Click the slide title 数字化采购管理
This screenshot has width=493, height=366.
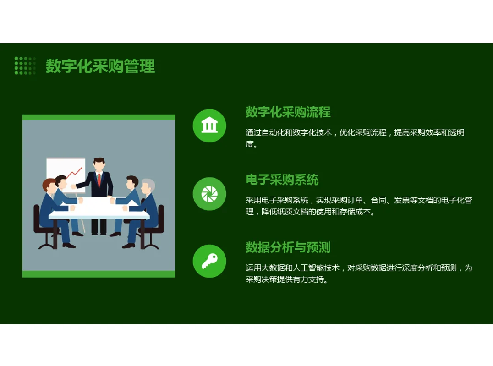pos(100,66)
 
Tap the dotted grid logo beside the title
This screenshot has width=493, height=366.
pos(25,66)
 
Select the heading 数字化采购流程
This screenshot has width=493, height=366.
pos(288,112)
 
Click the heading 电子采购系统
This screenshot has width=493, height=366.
pos(282,180)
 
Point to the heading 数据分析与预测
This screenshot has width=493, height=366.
pos(288,248)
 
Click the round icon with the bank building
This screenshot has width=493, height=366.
pos(209,126)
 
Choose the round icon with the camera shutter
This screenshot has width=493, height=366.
pos(209,194)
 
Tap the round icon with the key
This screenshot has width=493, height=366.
pos(209,261)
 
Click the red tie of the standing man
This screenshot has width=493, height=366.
pos(99,179)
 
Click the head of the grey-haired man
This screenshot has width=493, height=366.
pos(148,186)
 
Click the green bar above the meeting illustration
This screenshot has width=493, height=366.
pos(99,117)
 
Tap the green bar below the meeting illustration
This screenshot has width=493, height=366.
pos(99,274)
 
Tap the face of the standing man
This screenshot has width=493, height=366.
pos(99,165)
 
